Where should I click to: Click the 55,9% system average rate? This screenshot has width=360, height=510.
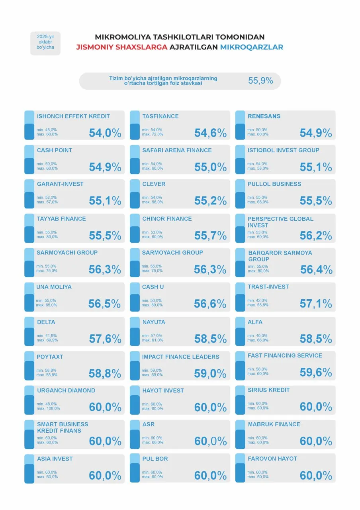(x=260, y=80)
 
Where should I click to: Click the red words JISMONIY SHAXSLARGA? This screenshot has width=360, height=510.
(x=122, y=47)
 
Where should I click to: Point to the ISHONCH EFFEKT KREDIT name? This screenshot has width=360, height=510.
(x=73, y=116)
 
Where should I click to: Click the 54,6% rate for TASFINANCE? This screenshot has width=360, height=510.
(x=210, y=133)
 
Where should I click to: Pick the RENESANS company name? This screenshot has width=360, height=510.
(x=264, y=116)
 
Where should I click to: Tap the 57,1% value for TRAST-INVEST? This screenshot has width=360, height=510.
(x=316, y=304)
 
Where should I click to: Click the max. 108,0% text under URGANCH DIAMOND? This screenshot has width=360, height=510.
(x=48, y=408)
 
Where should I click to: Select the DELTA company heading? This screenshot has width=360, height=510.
(x=46, y=322)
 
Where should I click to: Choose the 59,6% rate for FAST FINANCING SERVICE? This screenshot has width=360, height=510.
(x=316, y=372)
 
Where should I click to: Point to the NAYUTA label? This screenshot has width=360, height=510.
(x=153, y=322)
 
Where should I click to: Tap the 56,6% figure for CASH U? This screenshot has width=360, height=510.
(x=210, y=304)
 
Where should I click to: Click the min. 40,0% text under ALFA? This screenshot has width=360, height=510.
(x=257, y=335)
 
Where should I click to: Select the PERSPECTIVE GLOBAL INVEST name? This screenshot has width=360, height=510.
(x=280, y=222)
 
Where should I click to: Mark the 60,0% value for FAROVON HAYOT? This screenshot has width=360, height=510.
(x=316, y=475)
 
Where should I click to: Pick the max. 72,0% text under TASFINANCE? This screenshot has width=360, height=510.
(x=153, y=134)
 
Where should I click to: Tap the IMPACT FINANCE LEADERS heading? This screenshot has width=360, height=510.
(x=181, y=357)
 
